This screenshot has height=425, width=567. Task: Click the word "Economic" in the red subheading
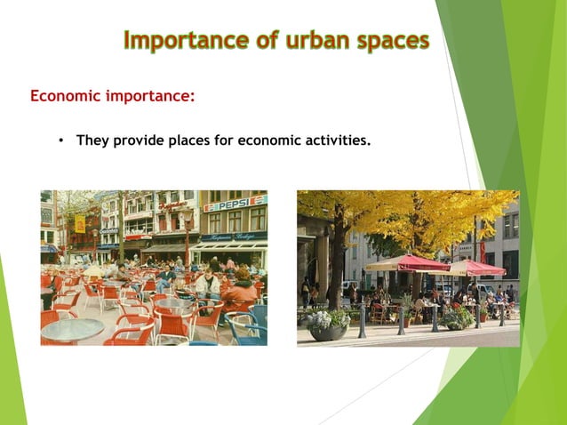(x=67, y=96)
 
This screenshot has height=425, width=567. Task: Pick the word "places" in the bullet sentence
(x=182, y=140)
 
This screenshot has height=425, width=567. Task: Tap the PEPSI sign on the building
(x=236, y=203)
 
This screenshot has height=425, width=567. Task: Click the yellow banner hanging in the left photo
(x=80, y=222)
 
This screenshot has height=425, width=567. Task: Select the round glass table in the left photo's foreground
(x=72, y=329)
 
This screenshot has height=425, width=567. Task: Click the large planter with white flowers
(x=328, y=324)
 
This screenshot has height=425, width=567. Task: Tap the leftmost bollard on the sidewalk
(x=362, y=321)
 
